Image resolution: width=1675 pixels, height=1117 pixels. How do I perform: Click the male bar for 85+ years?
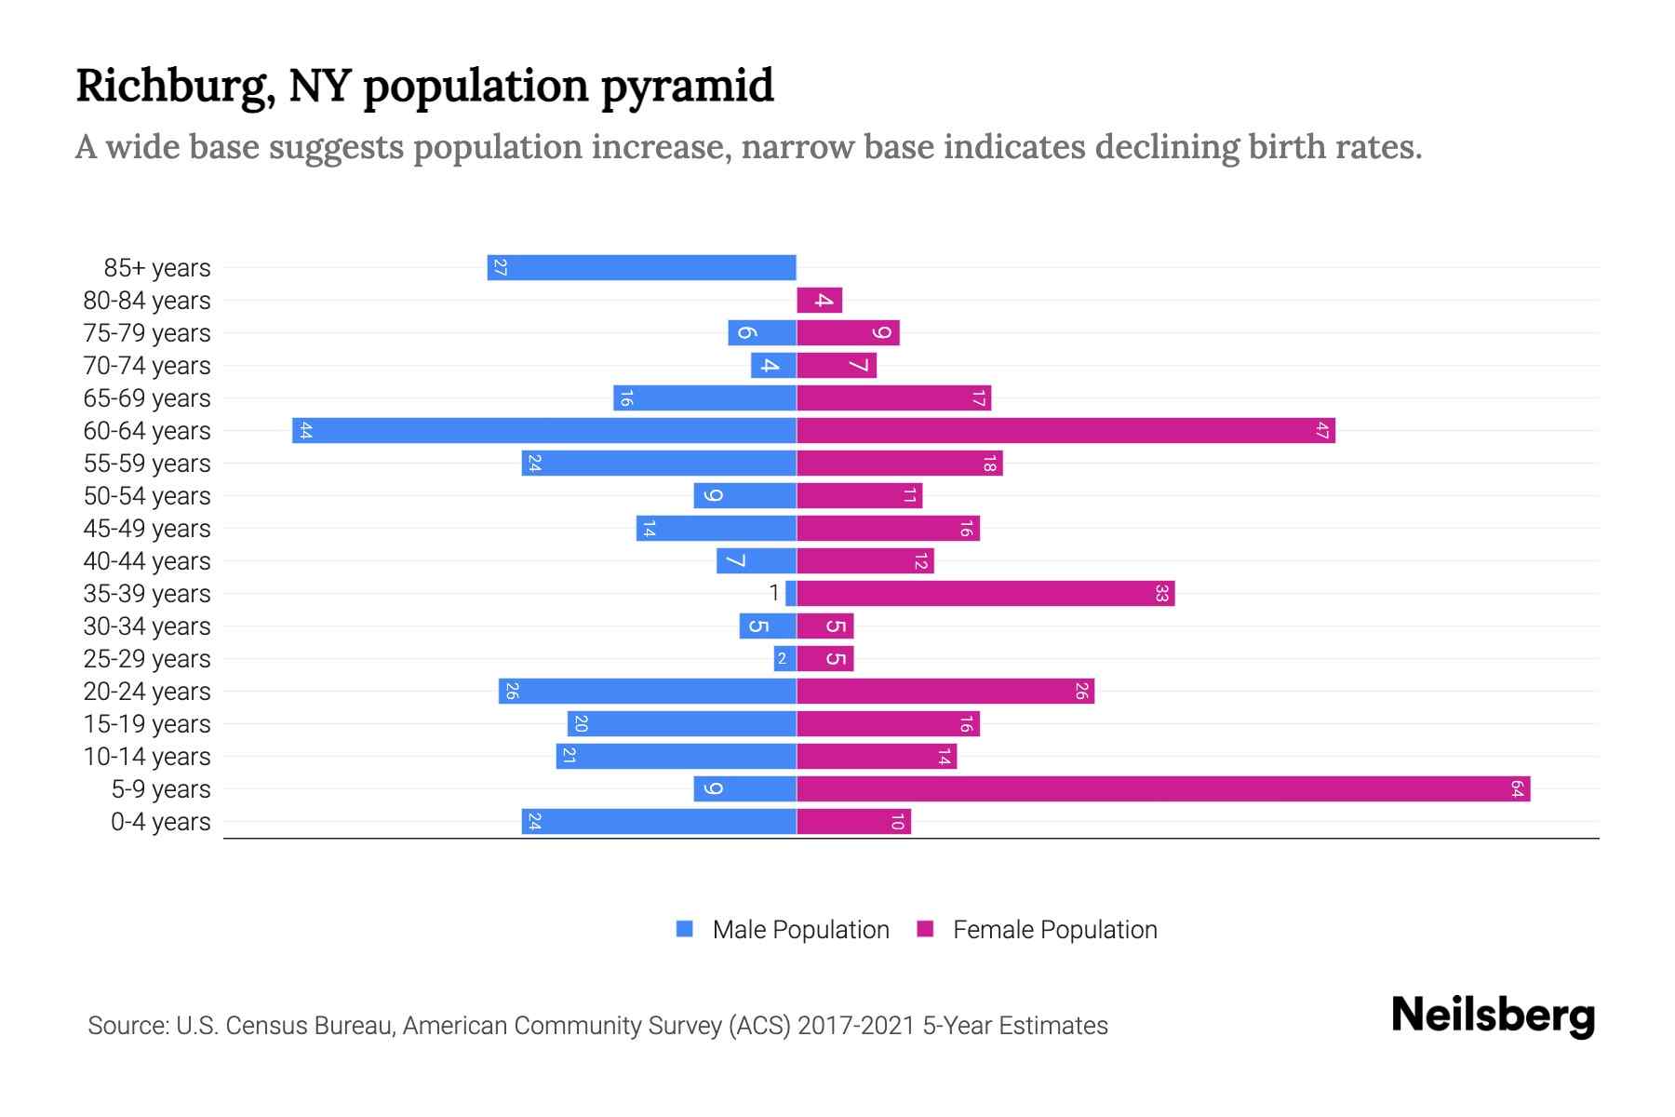tap(642, 267)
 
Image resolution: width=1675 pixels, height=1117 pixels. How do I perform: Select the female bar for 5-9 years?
tap(1163, 789)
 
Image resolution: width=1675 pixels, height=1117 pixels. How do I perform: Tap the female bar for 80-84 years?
tap(820, 301)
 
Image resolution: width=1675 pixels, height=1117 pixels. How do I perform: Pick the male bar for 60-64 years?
tap(544, 431)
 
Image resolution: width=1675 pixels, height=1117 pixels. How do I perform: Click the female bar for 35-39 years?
tap(985, 594)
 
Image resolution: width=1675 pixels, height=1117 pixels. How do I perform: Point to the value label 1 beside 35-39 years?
tap(774, 593)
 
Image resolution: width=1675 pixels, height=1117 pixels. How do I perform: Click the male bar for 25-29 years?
tap(784, 659)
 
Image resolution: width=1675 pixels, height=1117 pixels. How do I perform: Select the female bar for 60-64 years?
tap(1065, 431)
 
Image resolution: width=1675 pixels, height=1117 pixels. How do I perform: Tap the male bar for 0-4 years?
tap(659, 822)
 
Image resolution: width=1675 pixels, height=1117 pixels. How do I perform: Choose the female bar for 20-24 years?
tap(945, 692)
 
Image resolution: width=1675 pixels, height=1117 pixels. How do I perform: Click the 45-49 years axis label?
tap(147, 529)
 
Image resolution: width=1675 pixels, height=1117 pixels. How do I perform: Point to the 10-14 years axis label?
tap(147, 757)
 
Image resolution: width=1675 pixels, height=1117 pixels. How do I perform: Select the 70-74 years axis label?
tap(147, 366)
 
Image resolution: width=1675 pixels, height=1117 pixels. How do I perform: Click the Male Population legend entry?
tap(800, 930)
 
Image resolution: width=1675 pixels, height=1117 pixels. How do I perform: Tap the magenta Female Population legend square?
tap(925, 929)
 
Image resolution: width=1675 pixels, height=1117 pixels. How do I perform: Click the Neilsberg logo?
tap(1493, 1016)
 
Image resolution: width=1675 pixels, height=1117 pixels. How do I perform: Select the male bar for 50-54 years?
tap(744, 496)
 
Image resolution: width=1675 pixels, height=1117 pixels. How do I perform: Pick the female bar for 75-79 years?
tap(848, 333)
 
